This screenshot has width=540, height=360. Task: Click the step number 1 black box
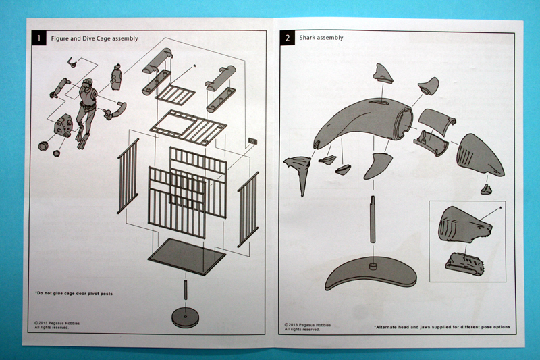[x=39, y=38]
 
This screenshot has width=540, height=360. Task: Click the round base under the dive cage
[x=185, y=316]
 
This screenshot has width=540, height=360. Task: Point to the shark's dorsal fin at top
[x=383, y=73]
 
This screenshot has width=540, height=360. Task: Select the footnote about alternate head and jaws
[x=443, y=327]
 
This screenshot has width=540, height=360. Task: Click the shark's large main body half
[x=368, y=122]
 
